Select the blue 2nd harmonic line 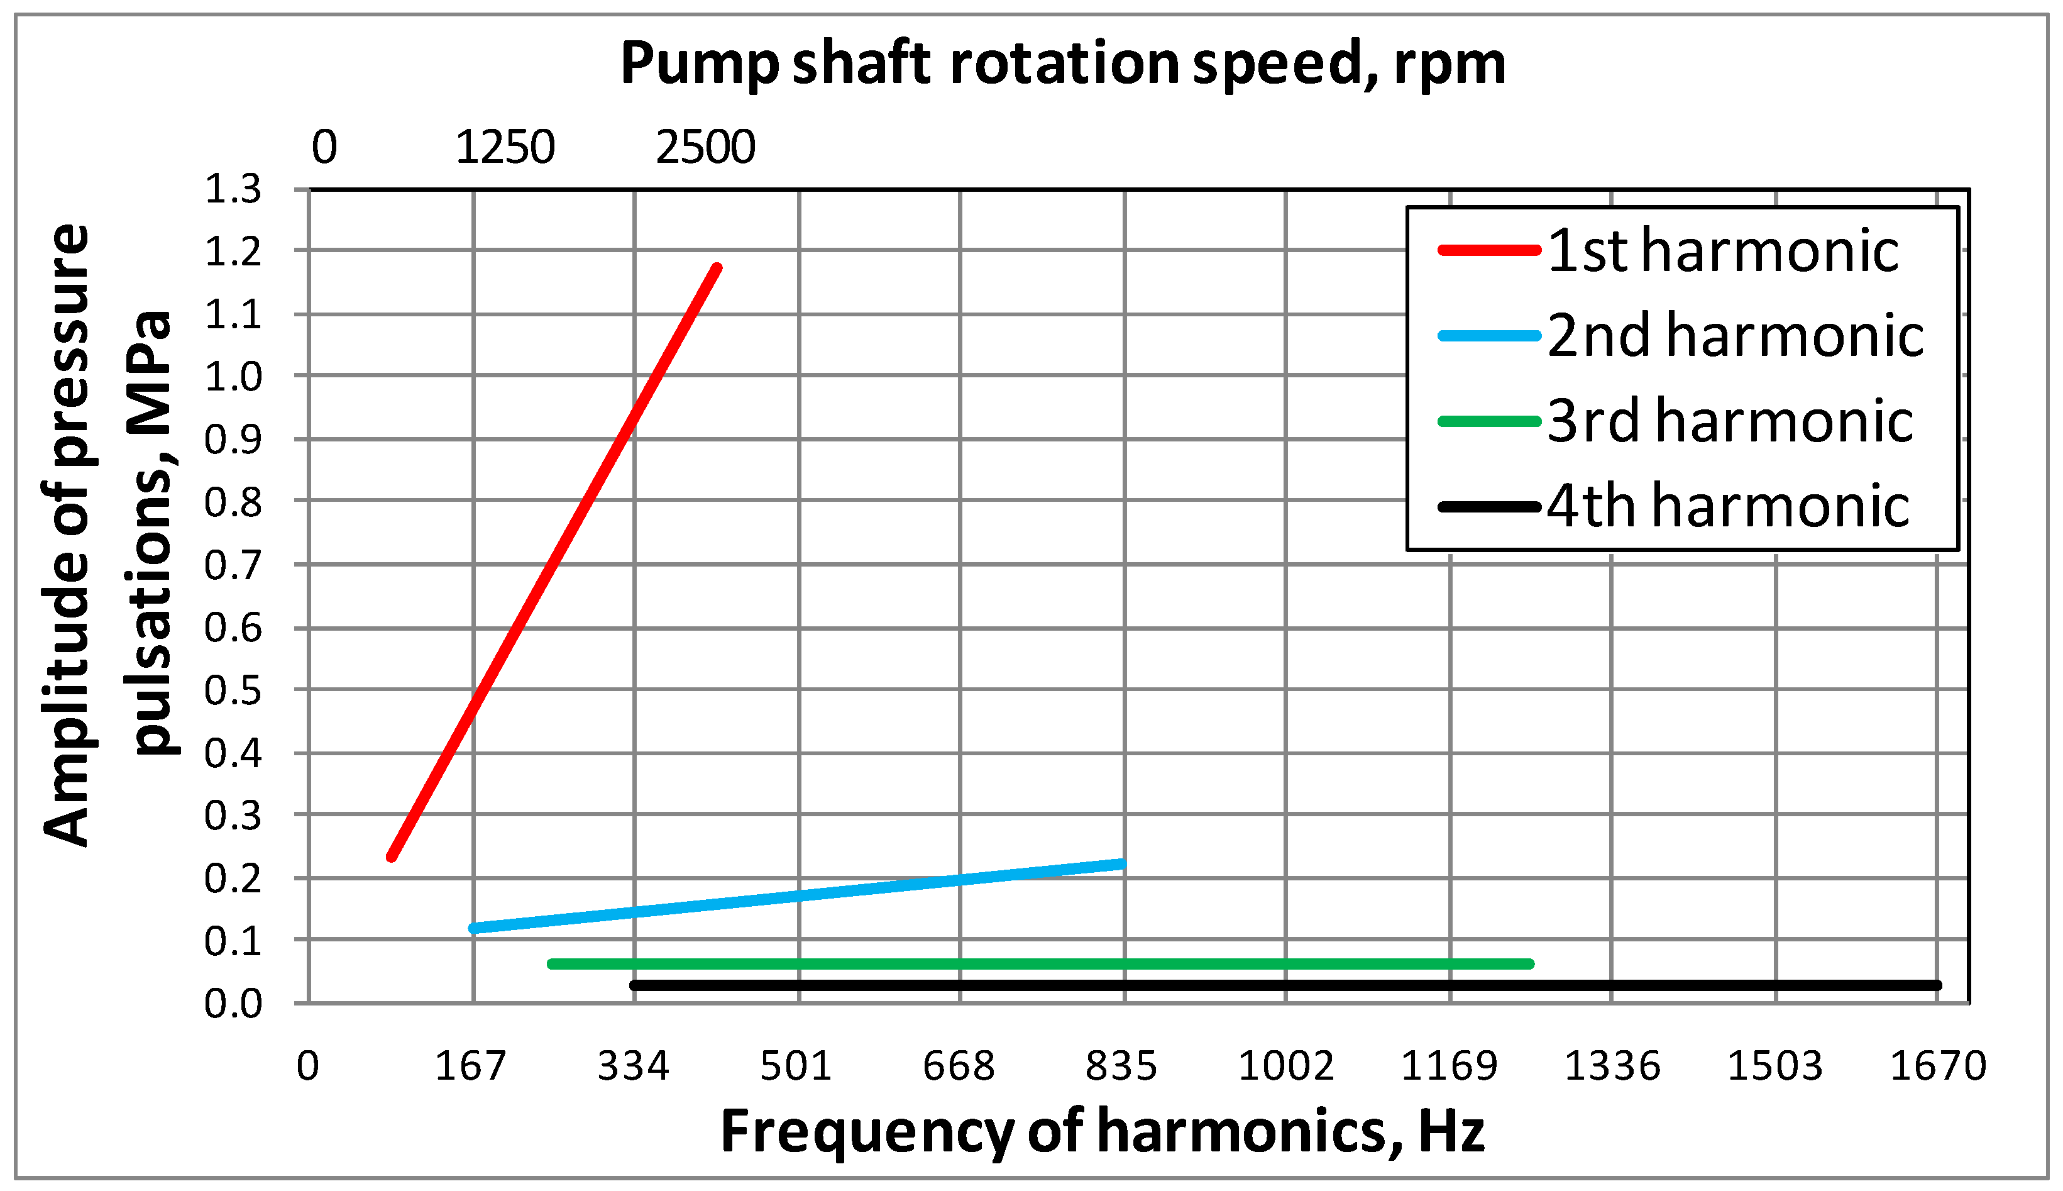[x=797, y=895]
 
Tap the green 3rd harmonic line [x=1038, y=963]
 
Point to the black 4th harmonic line [x=1284, y=985]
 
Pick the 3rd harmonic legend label [x=1729, y=421]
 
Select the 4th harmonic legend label [x=1727, y=506]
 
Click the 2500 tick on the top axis [x=705, y=148]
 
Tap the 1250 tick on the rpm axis [x=505, y=148]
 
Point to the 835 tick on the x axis [x=1121, y=1066]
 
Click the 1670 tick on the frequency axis [x=1938, y=1066]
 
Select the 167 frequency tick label [x=470, y=1066]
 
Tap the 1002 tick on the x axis [x=1285, y=1066]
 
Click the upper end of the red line [x=717, y=269]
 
